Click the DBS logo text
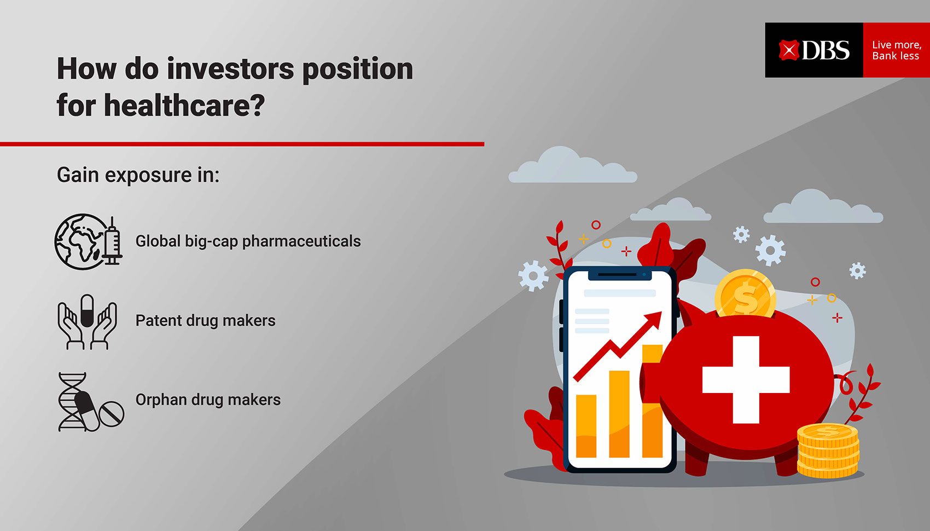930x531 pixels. [826, 50]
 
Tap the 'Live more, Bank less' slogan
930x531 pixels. [897, 50]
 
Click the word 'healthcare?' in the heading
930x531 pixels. [184, 105]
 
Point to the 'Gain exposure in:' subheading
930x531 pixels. [138, 175]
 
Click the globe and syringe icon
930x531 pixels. [89, 242]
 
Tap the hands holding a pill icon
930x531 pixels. [87, 322]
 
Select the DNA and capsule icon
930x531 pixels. [91, 402]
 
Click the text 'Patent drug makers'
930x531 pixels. [205, 321]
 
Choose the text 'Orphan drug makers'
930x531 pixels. [208, 400]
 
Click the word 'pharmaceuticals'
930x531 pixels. [301, 241]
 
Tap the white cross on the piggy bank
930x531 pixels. [746, 380]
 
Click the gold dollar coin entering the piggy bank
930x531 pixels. [745, 293]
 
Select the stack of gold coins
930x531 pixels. [828, 451]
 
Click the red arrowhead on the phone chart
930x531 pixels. [653, 321]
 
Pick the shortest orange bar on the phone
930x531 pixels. [586, 426]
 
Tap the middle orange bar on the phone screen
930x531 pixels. [619, 414]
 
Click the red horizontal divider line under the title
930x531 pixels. [242, 144]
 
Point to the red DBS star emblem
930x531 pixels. [788, 50]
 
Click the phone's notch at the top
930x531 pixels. [620, 275]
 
